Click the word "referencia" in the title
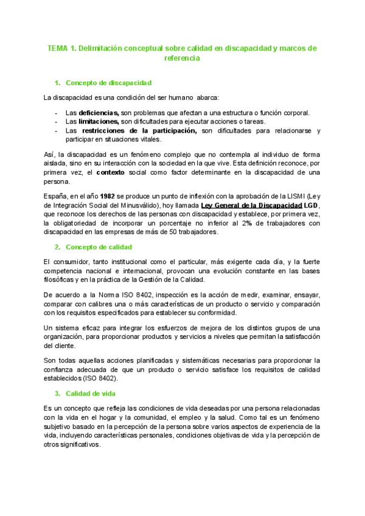tap(182, 58)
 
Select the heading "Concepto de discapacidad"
tap(108, 83)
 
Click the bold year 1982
tap(108, 196)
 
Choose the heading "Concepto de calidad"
tap(99, 246)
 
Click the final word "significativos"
tap(79, 444)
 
